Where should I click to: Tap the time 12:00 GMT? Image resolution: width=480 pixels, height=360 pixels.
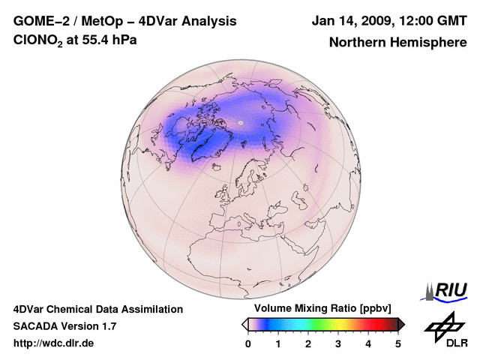click(429, 21)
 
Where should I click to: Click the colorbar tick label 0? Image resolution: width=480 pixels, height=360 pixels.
click(248, 343)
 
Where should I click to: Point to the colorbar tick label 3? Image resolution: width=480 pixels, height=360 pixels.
click(338, 343)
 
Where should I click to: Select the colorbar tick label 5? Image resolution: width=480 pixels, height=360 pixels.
click(398, 343)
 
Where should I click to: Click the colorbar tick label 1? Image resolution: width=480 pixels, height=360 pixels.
click(278, 343)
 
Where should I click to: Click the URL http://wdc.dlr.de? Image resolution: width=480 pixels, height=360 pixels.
click(54, 343)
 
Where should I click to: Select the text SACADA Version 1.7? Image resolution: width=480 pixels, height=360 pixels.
click(64, 326)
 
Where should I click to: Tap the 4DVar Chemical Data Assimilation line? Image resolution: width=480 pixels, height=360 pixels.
click(97, 309)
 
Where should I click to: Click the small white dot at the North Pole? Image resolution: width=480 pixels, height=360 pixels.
click(241, 122)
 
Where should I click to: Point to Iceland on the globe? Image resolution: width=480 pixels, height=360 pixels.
click(216, 168)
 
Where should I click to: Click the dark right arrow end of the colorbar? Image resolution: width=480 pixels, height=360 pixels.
click(401, 324)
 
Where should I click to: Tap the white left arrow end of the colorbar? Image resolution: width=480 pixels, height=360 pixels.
click(244, 324)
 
